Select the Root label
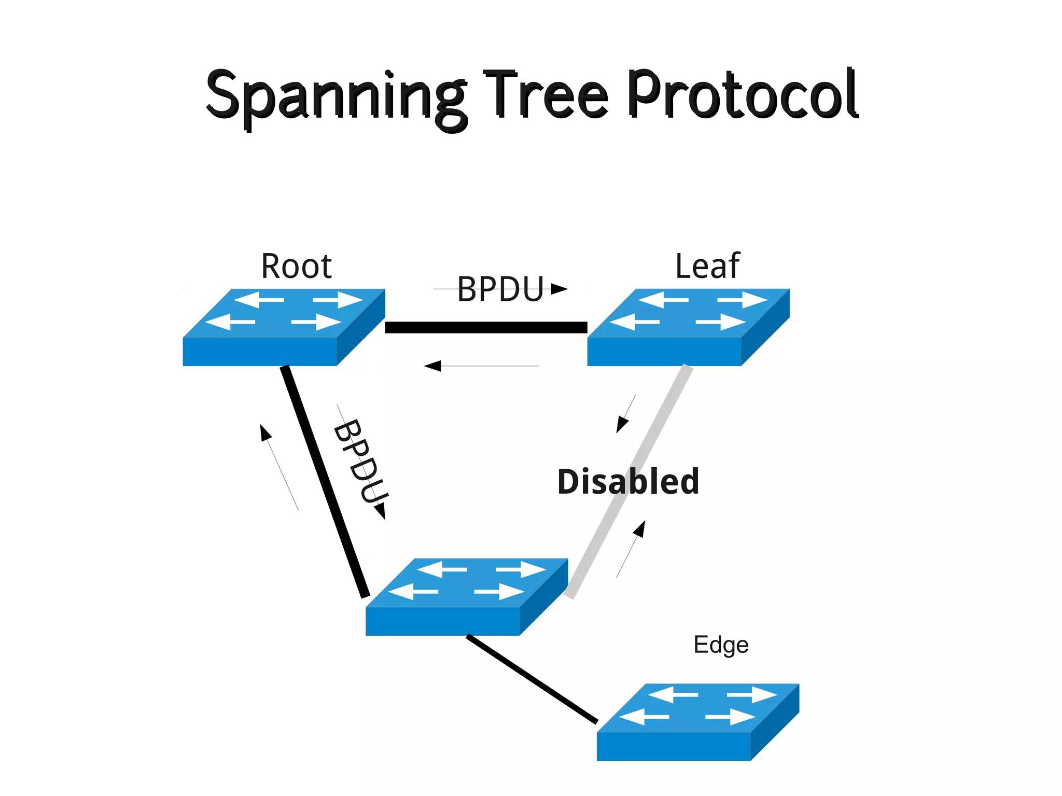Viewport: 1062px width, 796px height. coord(296,267)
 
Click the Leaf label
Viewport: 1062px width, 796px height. coord(707,267)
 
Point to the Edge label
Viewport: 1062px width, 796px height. coord(721,645)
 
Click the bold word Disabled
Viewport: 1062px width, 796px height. coord(628,481)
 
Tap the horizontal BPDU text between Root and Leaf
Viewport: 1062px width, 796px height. coord(500,289)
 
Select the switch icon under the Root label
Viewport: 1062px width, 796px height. coord(284,327)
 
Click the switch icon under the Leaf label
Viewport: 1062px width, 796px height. coord(688,327)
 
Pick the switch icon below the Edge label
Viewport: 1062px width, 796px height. coord(697,722)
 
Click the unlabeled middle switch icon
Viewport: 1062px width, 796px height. coord(467,597)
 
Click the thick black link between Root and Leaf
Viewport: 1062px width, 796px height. coord(486,327)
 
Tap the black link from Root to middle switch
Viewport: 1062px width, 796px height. coord(325,482)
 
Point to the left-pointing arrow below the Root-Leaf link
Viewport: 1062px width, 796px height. coord(434,366)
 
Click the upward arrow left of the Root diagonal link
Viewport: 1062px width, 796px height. coord(265,434)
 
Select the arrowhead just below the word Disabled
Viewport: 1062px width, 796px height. coord(640,529)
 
